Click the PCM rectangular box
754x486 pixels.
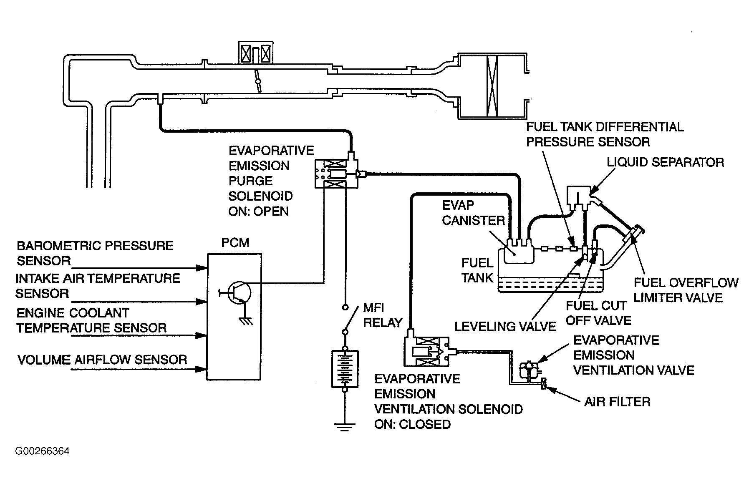pyautogui.click(x=235, y=316)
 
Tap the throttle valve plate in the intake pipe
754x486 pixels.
pyautogui.click(x=259, y=81)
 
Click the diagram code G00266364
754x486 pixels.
pyautogui.click(x=42, y=451)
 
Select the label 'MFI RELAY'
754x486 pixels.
pyautogui.click(x=383, y=315)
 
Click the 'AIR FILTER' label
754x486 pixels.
pyautogui.click(x=617, y=402)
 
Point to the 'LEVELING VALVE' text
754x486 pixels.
pyautogui.click(x=505, y=326)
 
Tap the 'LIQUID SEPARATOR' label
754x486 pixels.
pyautogui.click(x=665, y=162)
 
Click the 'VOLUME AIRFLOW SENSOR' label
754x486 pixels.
pyautogui.click(x=102, y=360)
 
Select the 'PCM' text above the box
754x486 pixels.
pyautogui.click(x=235, y=242)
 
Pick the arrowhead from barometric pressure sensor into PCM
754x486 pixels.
pyautogui.click(x=203, y=267)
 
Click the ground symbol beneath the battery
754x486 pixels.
pyautogui.click(x=345, y=426)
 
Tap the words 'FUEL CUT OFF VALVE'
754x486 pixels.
pyautogui.click(x=598, y=313)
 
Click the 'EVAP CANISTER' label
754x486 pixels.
pyautogui.click(x=473, y=213)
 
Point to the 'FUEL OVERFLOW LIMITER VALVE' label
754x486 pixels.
pyautogui.click(x=686, y=290)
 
